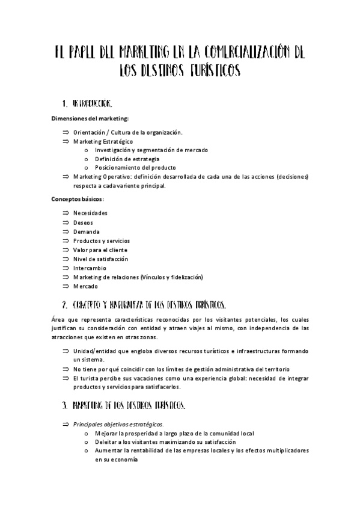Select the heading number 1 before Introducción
point(64,103)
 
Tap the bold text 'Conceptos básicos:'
point(78,198)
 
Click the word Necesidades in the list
point(90,214)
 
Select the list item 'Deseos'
point(83,223)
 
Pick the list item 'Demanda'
point(86,232)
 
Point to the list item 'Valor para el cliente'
point(100,250)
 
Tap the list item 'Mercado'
point(85,286)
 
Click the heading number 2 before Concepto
point(64,304)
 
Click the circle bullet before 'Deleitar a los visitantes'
point(88,441)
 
